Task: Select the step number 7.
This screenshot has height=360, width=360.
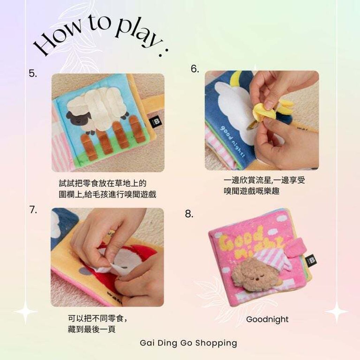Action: (x=33, y=210)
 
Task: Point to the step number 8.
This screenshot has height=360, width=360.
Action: (x=189, y=214)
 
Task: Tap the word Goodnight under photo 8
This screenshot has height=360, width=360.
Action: (x=267, y=320)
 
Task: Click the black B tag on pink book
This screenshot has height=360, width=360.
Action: (x=311, y=261)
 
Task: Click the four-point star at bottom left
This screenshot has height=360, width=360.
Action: (x=25, y=311)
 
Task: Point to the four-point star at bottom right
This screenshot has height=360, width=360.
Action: (x=336, y=311)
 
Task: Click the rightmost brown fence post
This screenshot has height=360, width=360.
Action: (x=137, y=129)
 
